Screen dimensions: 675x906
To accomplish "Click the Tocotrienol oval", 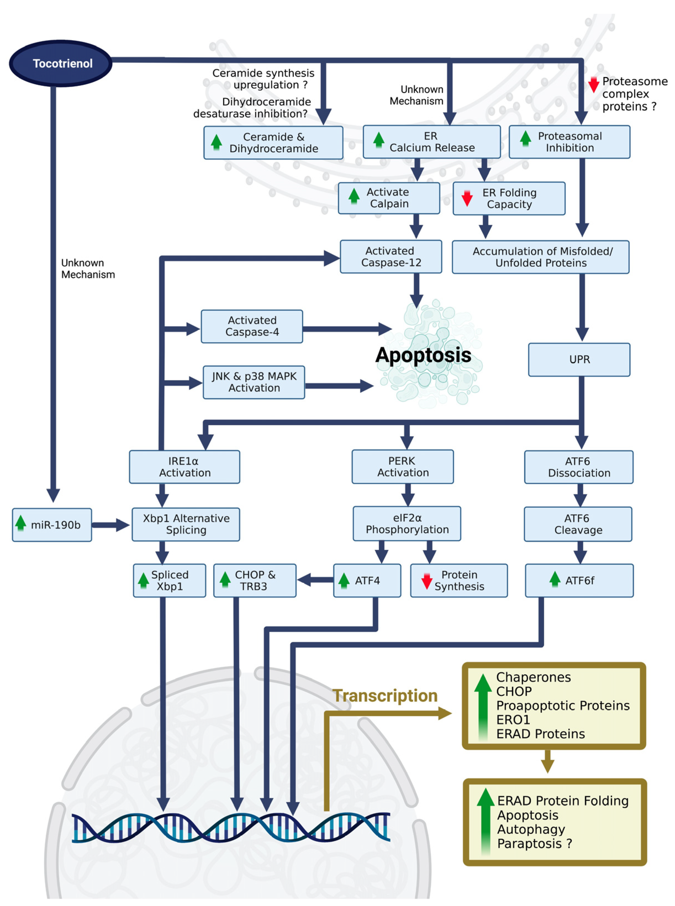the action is (60, 63).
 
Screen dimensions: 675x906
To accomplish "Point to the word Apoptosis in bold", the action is (423, 355).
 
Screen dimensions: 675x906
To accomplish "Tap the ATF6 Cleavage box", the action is (578, 524).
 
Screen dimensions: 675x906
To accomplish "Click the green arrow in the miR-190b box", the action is (20, 523).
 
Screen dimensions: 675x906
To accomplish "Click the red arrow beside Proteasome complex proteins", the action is (594, 84).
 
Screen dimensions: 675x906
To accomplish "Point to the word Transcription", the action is (385, 696).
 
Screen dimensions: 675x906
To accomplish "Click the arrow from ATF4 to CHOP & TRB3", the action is (315, 580).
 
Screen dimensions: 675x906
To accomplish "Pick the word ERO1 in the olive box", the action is (513, 719).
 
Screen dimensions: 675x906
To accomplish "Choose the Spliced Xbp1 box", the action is (169, 580).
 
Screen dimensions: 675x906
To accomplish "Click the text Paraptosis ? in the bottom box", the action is (534, 844).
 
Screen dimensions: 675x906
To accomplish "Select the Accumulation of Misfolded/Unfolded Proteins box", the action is (540, 257).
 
